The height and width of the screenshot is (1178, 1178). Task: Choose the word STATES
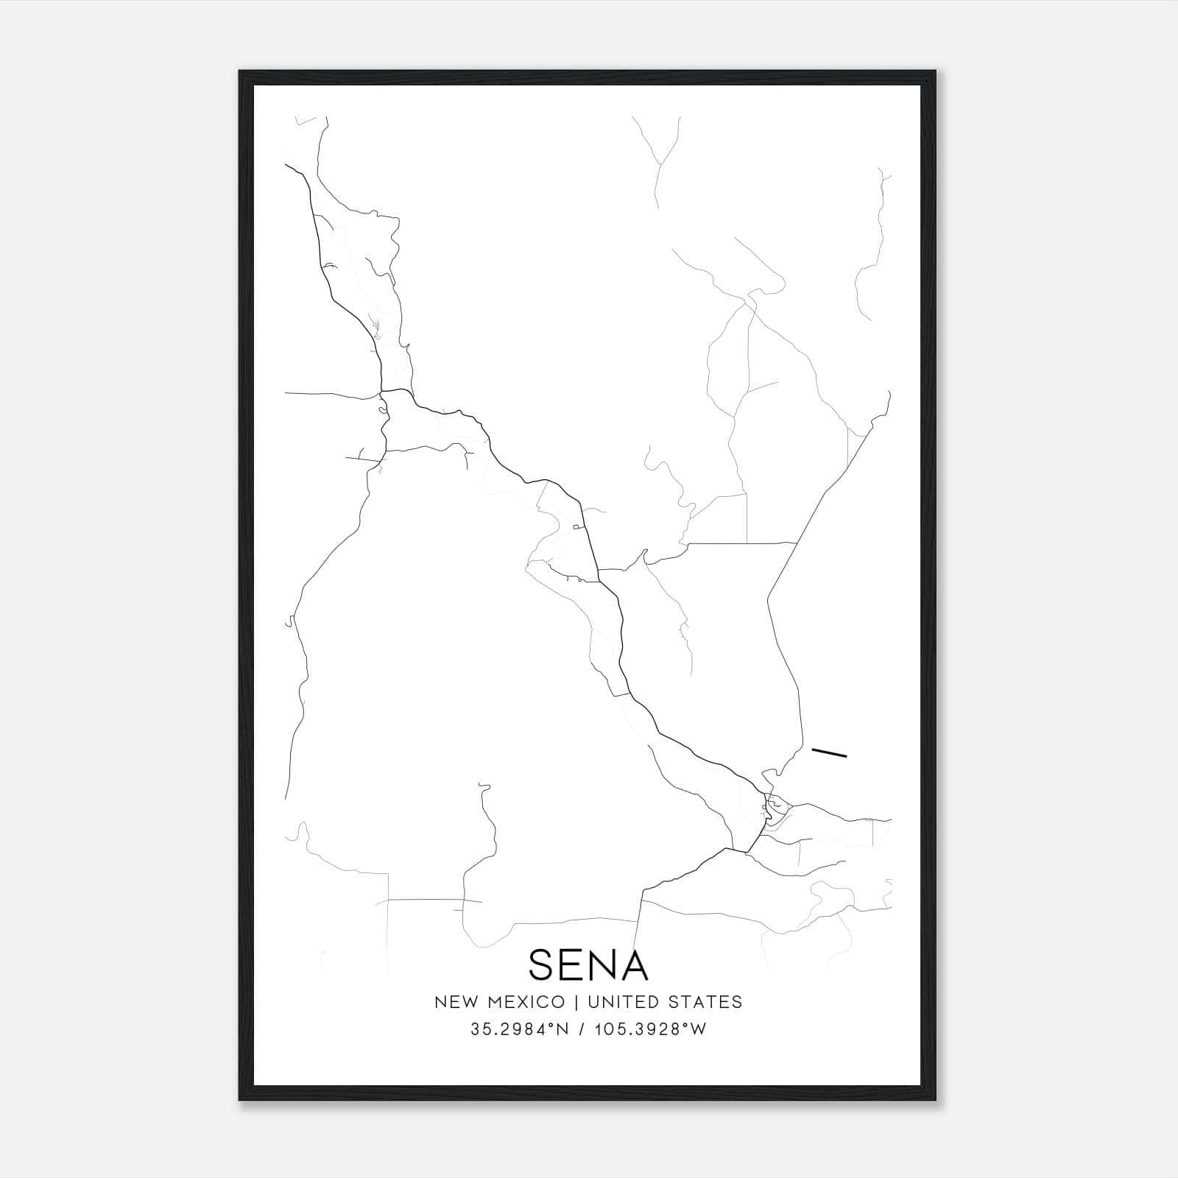tap(706, 1002)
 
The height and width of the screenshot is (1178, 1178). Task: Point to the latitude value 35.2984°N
tap(519, 1029)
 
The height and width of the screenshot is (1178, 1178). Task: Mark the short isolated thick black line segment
tap(829, 752)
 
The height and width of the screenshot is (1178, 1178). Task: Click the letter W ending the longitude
tap(699, 1029)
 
